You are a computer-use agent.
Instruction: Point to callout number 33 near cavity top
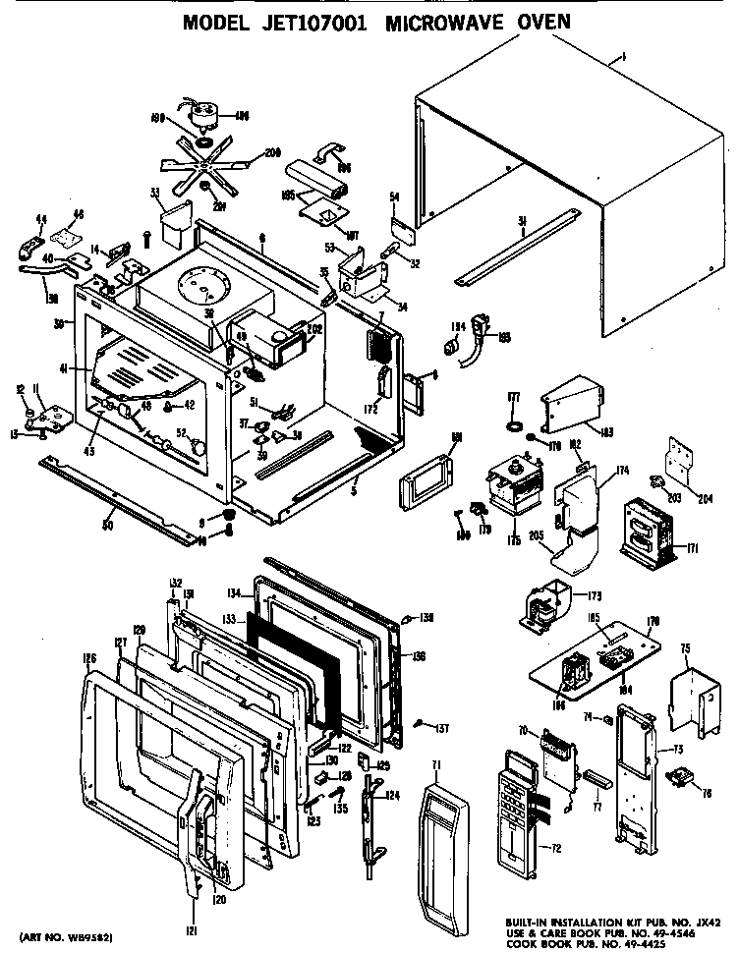(x=155, y=193)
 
